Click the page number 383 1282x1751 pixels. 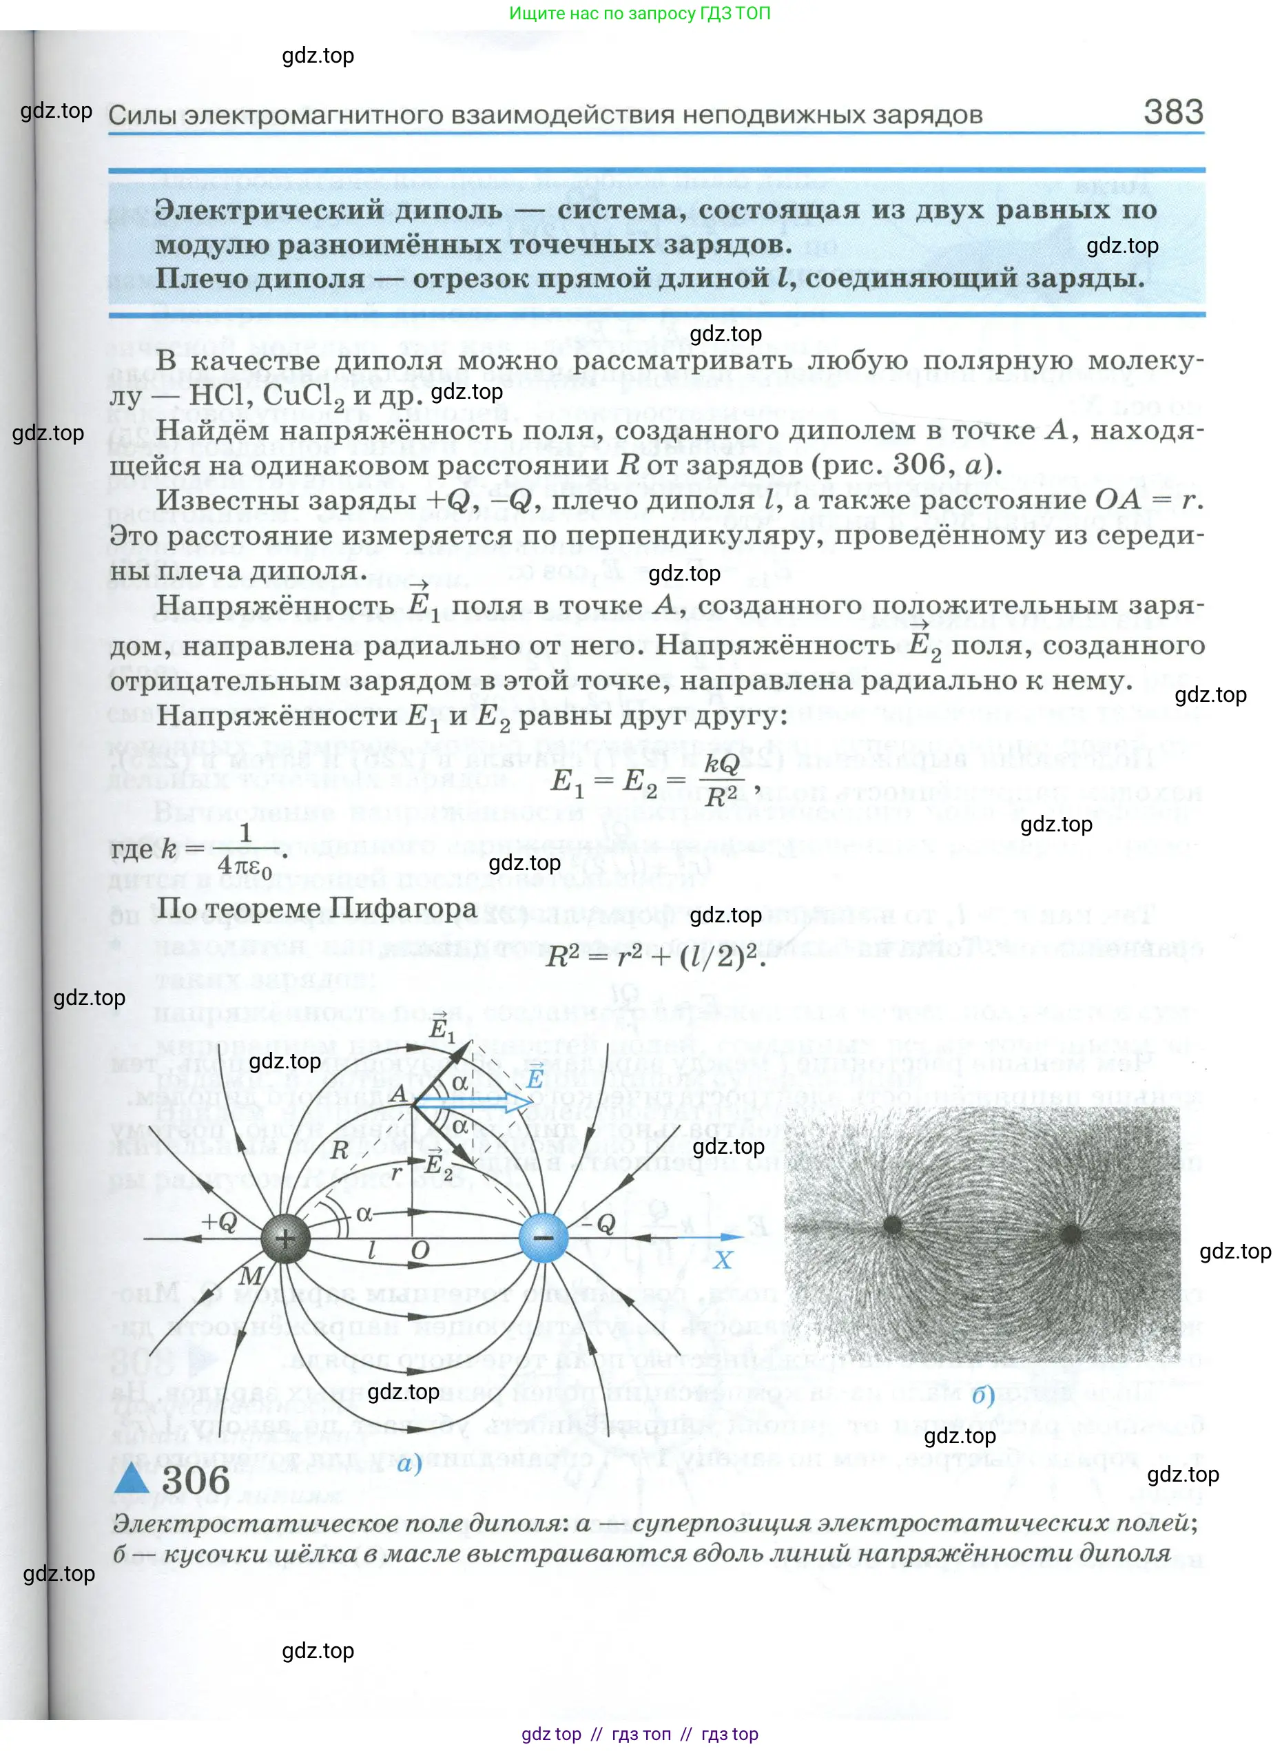pyautogui.click(x=1172, y=112)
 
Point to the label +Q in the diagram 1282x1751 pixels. pyautogui.click(x=220, y=1222)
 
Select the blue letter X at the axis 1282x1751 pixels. pyautogui.click(x=723, y=1260)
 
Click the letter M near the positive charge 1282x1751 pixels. pyautogui.click(x=251, y=1276)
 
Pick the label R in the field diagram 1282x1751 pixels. pyautogui.click(x=339, y=1150)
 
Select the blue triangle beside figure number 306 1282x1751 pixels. pyautogui.click(x=132, y=1479)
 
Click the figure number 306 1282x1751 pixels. pyautogui.click(x=196, y=1480)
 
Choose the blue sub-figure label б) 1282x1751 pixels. pyautogui.click(x=983, y=1396)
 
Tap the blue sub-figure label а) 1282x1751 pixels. pyautogui.click(x=409, y=1464)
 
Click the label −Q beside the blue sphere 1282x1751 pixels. pyautogui.click(x=599, y=1224)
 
